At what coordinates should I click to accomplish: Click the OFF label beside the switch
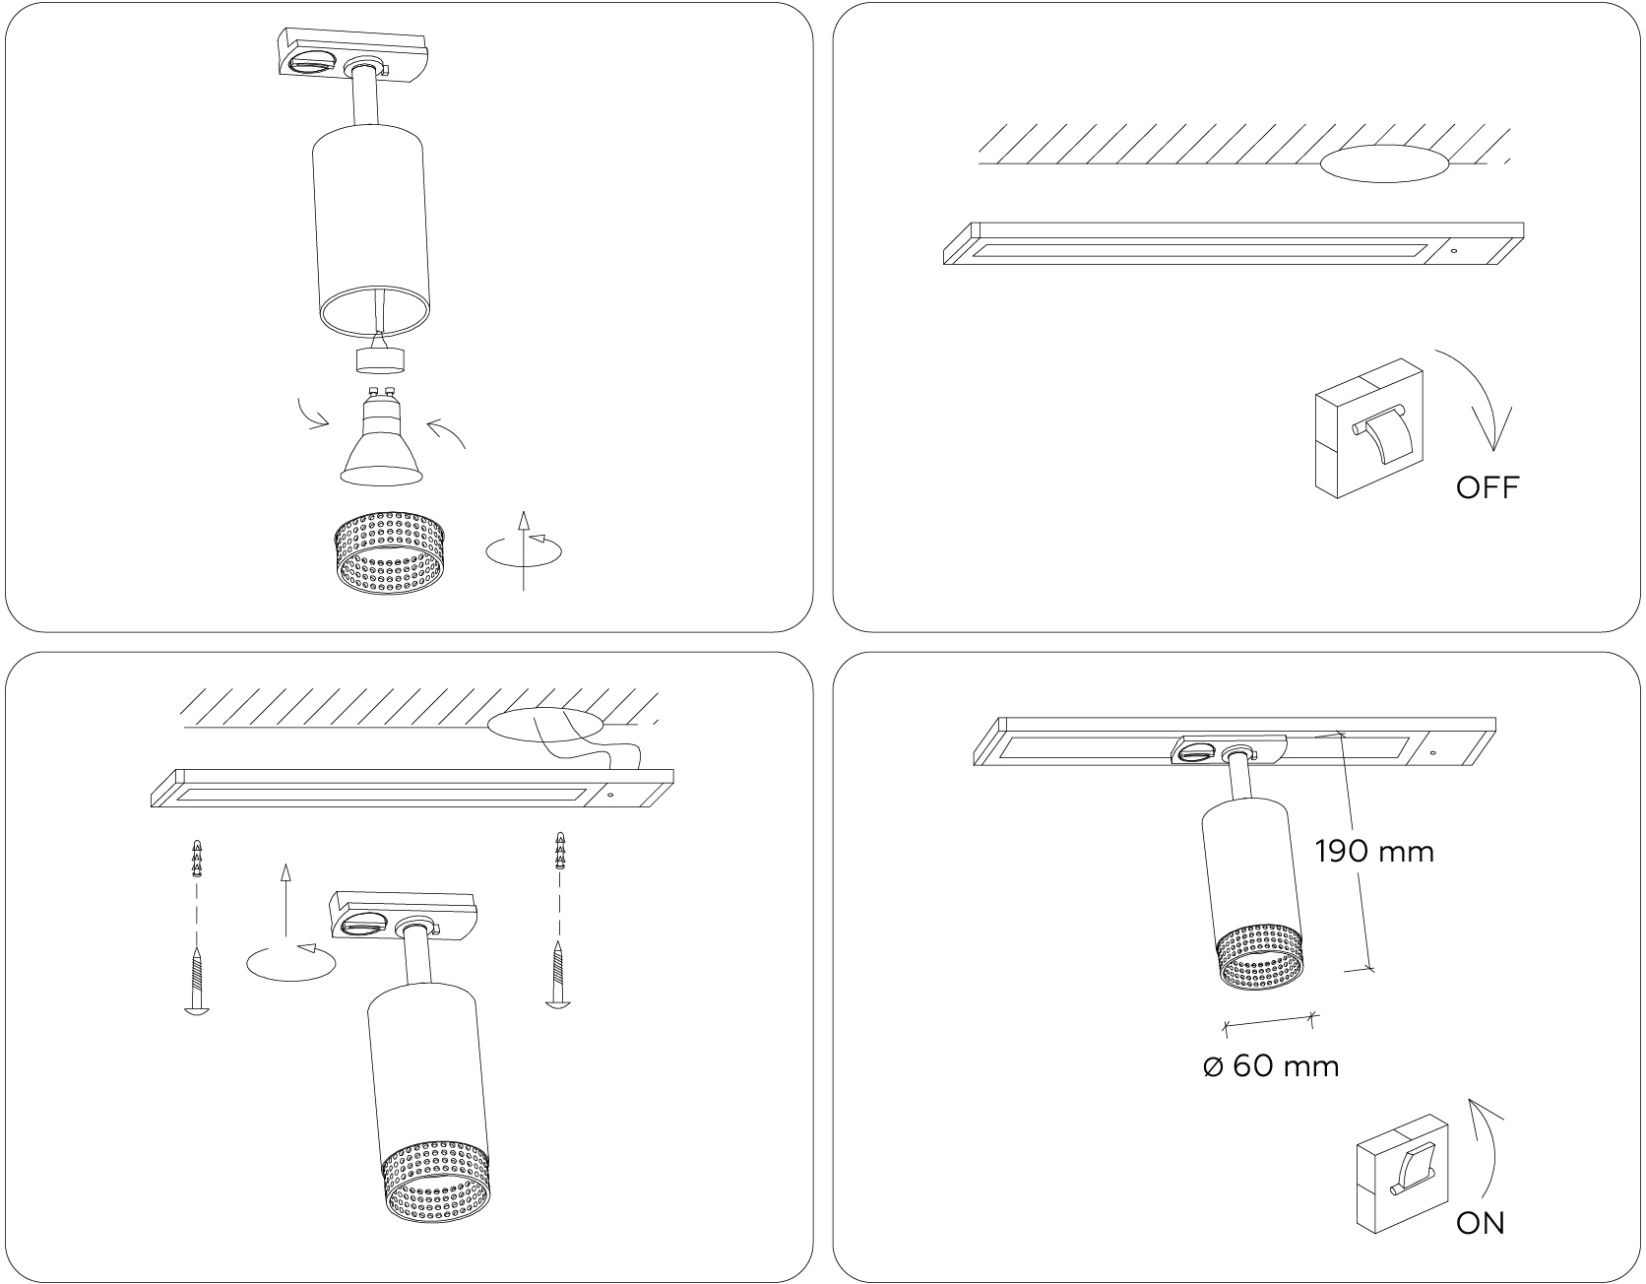click(1487, 487)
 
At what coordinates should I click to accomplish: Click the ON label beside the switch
click(1481, 1223)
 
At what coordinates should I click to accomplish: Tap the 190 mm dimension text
click(1374, 851)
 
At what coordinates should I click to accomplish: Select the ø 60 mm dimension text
click(1271, 1065)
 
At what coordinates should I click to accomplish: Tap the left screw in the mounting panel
click(197, 981)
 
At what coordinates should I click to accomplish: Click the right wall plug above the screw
click(560, 852)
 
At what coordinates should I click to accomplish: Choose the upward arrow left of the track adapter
click(285, 898)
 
